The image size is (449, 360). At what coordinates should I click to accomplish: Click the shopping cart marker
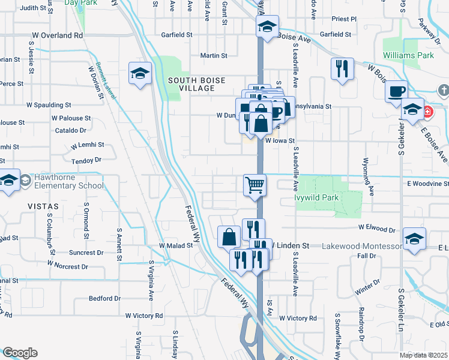tap(255, 185)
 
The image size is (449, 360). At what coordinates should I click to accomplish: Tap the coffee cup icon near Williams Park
tap(396, 91)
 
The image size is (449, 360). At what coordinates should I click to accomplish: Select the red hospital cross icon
tap(427, 112)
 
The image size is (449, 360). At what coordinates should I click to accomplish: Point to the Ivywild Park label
tap(316, 197)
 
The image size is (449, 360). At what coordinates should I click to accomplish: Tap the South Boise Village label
tap(191, 84)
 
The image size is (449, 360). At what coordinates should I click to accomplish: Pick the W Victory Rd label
tap(144, 316)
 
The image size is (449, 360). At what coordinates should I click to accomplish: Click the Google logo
tap(20, 353)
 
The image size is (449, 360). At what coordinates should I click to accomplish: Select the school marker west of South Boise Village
tap(140, 74)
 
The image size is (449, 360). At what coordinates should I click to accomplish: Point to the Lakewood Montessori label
tap(362, 246)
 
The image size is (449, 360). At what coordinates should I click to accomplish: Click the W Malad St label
tap(175, 246)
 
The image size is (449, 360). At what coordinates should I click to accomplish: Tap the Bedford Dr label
tap(104, 298)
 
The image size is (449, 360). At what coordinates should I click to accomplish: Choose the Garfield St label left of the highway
tap(176, 35)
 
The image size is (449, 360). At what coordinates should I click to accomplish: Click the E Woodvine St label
tap(427, 184)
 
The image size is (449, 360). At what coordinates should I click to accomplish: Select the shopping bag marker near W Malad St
tap(229, 236)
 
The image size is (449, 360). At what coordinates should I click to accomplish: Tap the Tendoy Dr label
tap(85, 161)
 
